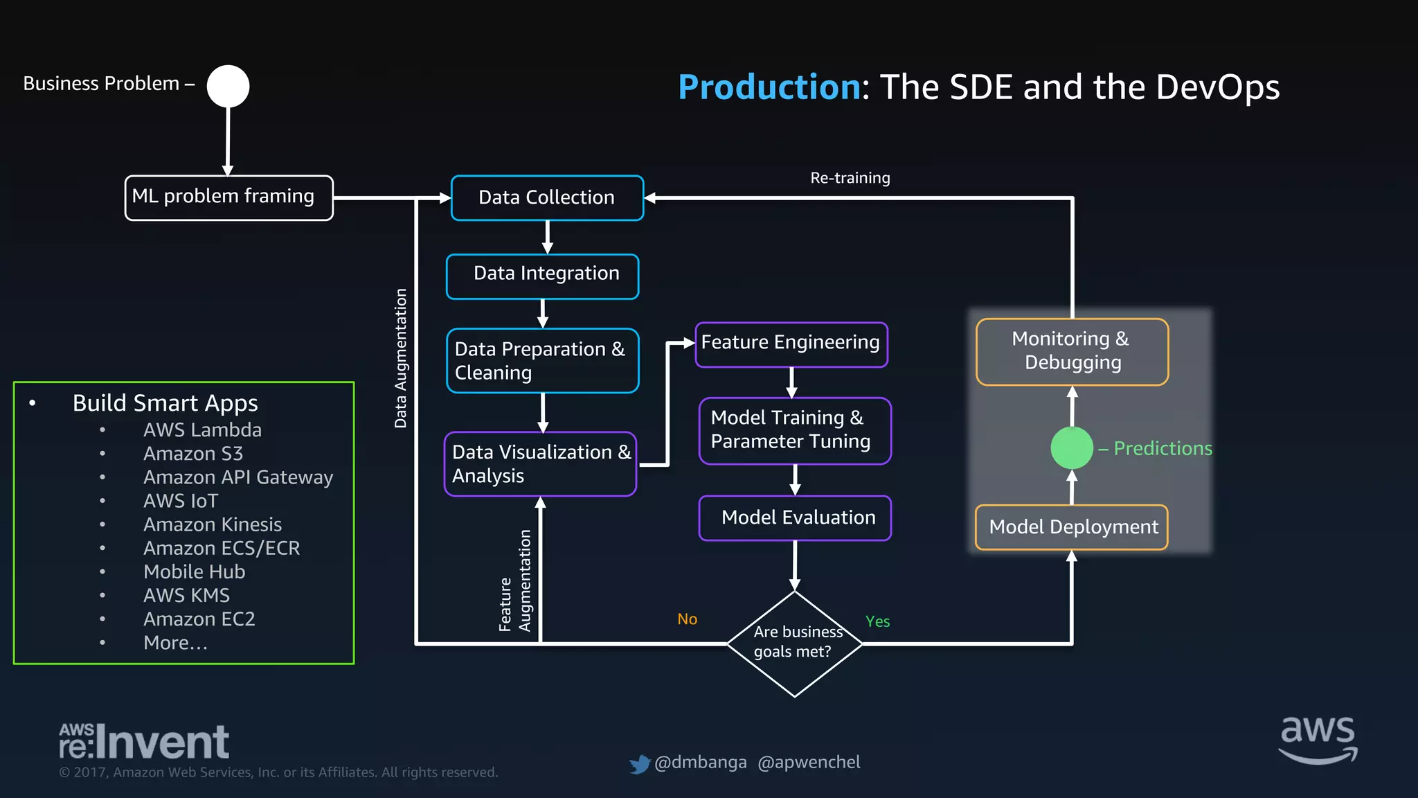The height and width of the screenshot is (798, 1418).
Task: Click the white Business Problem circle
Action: click(x=228, y=87)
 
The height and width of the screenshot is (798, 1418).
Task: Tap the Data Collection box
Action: click(x=547, y=198)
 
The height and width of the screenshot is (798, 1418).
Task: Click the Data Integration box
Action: click(x=543, y=276)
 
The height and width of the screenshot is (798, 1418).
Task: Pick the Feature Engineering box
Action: click(x=791, y=344)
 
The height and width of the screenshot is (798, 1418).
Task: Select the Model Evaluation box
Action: click(x=795, y=518)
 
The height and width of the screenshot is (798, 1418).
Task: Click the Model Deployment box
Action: click(x=1072, y=527)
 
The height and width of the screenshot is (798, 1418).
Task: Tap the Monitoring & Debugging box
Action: click(x=1072, y=351)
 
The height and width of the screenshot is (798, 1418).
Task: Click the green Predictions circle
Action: click(x=1072, y=448)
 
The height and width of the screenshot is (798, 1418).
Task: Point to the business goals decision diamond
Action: click(x=795, y=644)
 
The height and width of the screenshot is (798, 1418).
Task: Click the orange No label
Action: click(x=687, y=619)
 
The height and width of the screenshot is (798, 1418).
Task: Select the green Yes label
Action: click(x=877, y=621)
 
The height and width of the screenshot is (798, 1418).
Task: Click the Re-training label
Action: click(x=850, y=178)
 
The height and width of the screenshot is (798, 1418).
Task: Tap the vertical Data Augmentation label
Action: click(x=400, y=358)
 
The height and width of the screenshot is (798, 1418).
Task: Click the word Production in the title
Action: click(x=769, y=87)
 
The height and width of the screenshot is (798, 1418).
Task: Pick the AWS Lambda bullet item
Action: click(x=202, y=430)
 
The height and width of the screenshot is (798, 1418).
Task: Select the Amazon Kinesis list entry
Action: click(x=212, y=524)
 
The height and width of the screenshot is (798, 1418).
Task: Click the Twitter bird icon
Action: click(x=640, y=764)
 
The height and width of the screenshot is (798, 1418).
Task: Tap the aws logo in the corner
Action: click(x=1318, y=740)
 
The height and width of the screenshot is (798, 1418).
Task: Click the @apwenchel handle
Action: click(x=809, y=762)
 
